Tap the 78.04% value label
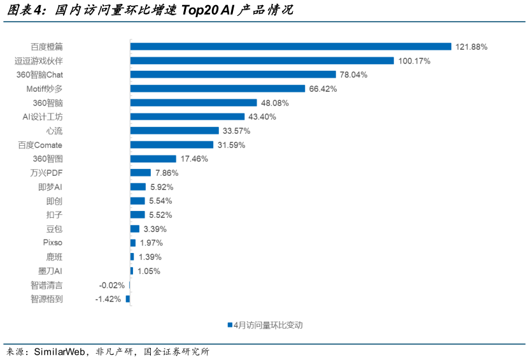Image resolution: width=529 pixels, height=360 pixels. [353, 75]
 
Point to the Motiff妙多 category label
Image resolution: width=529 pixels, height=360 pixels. [45, 89]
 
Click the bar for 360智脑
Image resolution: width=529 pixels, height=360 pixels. [194, 103]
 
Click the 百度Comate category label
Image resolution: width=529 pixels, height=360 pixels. [40, 145]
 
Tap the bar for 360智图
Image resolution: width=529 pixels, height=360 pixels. [153, 159]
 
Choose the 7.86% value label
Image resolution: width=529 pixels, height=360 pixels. [167, 173]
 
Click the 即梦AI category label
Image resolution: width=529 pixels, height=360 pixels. [50, 187]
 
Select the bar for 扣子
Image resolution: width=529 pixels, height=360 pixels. [138, 215]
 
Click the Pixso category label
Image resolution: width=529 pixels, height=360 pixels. [52, 243]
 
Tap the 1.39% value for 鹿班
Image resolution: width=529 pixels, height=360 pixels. [150, 257]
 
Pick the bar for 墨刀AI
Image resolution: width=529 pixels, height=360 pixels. [132, 271]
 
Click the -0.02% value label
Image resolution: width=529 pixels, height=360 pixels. [111, 285]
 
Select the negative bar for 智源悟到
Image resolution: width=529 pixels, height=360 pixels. [128, 299]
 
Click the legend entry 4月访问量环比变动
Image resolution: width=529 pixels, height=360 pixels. [265, 325]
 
